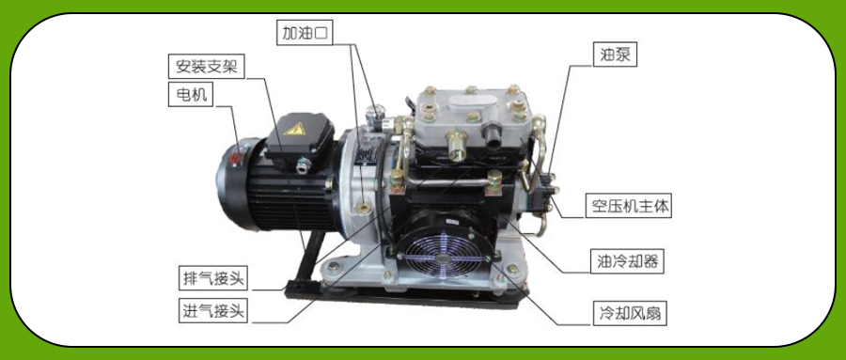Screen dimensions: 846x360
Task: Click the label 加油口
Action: [x=305, y=34]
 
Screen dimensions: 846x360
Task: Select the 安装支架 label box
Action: [x=207, y=67]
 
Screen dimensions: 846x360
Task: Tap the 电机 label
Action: [x=191, y=94]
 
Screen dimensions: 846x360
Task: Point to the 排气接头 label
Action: [x=213, y=278]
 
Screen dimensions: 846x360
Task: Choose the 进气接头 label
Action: [x=213, y=311]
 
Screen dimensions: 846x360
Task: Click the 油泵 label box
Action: [x=615, y=55]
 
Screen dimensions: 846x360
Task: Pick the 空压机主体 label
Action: [x=629, y=206]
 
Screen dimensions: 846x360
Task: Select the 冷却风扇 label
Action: [x=630, y=313]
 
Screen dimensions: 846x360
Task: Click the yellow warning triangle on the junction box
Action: [x=294, y=129]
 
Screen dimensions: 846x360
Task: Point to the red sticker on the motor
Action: [x=236, y=157]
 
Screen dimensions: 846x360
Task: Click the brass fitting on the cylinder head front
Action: [x=456, y=147]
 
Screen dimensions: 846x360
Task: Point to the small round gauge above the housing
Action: [x=372, y=114]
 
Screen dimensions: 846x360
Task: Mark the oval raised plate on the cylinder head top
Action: [x=472, y=102]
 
